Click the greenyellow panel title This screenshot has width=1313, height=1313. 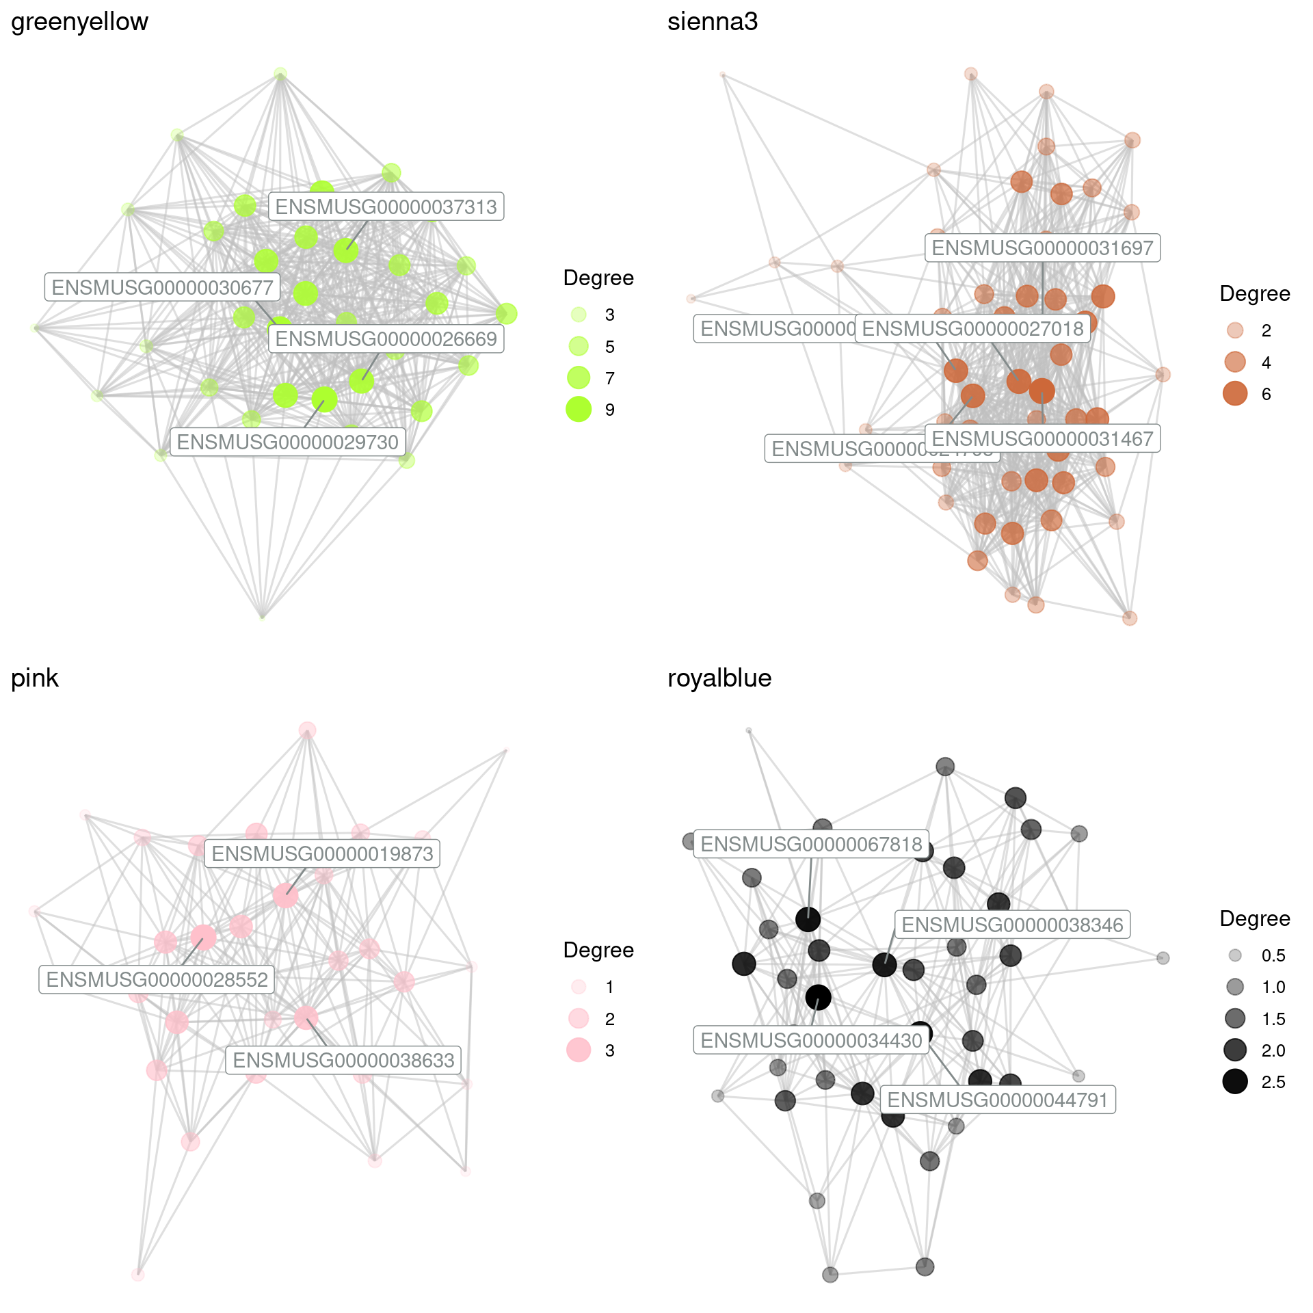point(79,22)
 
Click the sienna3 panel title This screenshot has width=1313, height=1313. point(712,22)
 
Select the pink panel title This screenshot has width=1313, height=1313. point(35,678)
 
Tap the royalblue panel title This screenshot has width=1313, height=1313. point(719,678)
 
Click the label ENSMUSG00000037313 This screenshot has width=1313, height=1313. point(386,207)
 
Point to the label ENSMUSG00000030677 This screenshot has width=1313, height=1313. point(162,287)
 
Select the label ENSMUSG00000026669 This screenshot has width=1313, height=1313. point(386,339)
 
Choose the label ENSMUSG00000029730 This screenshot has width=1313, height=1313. point(287,442)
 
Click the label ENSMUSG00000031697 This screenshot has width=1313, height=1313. point(1042,248)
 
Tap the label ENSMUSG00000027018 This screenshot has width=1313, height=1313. point(972,329)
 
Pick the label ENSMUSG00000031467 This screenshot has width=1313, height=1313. point(1042,438)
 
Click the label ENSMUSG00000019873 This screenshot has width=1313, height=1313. point(322,854)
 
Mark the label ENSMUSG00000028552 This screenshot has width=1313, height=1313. point(157,980)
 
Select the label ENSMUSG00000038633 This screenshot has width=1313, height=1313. point(343,1061)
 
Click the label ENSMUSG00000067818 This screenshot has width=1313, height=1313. point(811,845)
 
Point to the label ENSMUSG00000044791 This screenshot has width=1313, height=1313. point(997,1100)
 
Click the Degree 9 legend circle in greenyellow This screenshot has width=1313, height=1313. point(579,410)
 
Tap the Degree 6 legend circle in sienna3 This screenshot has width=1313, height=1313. point(1235,394)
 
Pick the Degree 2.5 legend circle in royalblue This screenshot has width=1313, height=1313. point(1235,1082)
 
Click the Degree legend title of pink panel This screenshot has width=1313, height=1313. point(598,951)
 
